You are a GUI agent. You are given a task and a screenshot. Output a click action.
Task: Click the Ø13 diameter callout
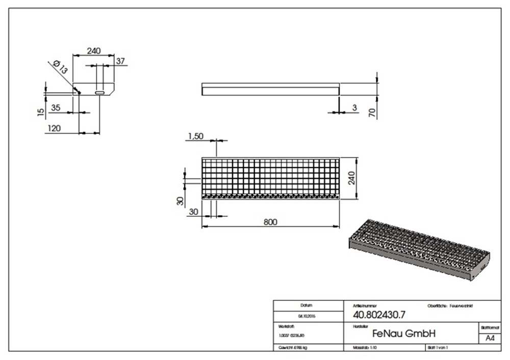point(60,67)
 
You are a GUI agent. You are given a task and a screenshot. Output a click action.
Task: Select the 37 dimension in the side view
point(120,61)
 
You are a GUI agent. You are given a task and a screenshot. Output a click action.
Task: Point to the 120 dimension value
point(54,128)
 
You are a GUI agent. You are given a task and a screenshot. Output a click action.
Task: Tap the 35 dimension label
point(56,108)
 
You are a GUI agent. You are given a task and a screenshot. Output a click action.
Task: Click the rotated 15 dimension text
point(41,111)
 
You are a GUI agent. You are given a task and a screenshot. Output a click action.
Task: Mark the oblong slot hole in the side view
point(100,93)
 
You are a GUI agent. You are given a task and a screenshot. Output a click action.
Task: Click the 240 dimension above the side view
point(93,50)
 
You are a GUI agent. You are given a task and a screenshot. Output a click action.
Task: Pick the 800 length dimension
point(270,221)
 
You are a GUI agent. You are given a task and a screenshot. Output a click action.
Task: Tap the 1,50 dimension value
point(196,136)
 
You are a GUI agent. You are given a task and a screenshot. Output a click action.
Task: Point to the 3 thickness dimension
point(353,108)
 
